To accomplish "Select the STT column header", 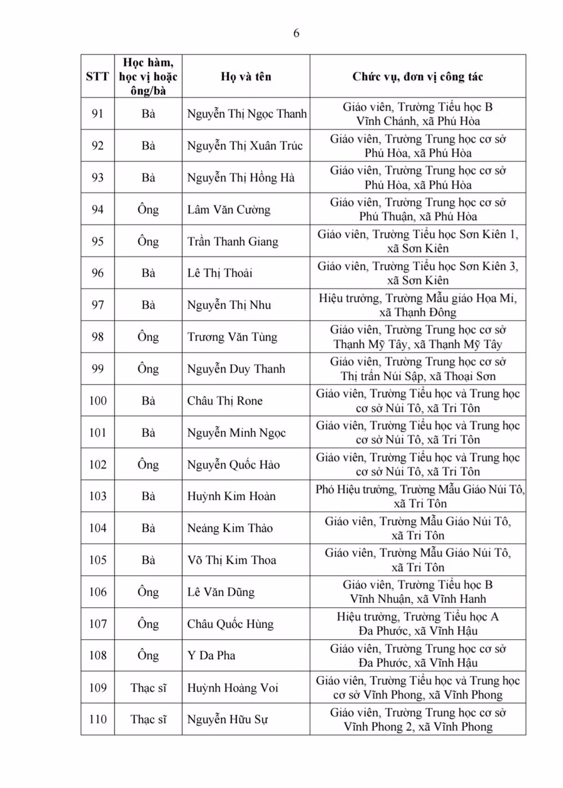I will coord(98,77).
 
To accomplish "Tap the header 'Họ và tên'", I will coord(246,77).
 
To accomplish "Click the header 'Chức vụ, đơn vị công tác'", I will coord(417,77).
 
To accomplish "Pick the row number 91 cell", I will coord(98,114).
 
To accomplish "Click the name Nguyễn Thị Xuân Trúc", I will coord(245,146).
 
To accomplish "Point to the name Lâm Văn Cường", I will coord(228,210).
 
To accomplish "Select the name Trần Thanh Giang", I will coord(233,241).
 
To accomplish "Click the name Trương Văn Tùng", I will coord(232,337).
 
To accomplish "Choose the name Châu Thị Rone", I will coord(225,401).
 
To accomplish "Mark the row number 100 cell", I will coord(98,401).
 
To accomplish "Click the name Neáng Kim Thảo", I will coord(230,528).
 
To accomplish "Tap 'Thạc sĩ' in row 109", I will coord(148,688).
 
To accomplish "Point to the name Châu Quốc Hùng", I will coord(230,624).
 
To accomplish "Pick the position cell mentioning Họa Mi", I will coord(417,305).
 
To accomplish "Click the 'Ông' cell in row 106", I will coord(148,592).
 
